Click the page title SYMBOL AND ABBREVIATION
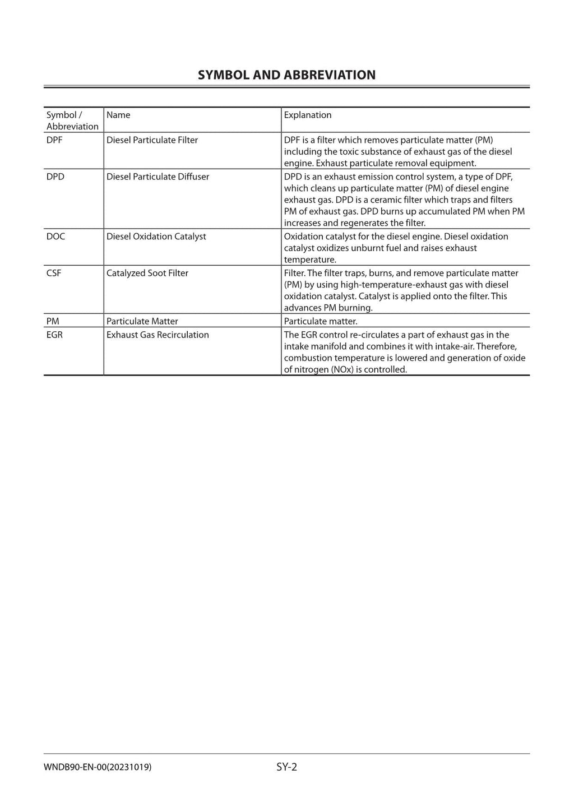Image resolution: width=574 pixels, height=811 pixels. tap(286, 75)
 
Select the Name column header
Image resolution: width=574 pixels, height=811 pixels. tap(118, 115)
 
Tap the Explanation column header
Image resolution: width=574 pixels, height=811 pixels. tap(307, 115)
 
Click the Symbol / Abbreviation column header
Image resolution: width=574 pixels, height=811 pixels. tap(72, 121)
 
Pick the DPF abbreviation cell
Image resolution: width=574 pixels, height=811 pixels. tap(54, 140)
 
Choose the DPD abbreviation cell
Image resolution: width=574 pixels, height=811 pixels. tap(55, 177)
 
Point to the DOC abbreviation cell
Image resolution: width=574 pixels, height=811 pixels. tap(55, 237)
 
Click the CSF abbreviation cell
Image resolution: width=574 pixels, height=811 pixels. tap(54, 273)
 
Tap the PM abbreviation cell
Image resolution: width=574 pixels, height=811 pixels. tap(53, 321)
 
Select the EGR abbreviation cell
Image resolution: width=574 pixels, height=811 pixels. tap(54, 335)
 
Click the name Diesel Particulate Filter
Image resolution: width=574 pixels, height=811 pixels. tap(152, 140)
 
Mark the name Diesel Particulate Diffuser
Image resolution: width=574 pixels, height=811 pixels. tap(158, 177)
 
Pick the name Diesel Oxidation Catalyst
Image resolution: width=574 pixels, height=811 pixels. tap(156, 237)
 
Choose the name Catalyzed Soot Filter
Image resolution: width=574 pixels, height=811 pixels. tap(147, 273)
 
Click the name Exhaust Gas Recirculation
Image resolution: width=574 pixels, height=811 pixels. tap(158, 335)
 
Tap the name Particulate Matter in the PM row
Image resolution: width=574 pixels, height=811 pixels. tap(142, 321)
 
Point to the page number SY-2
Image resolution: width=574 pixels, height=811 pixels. tap(286, 767)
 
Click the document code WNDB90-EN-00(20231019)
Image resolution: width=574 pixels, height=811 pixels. tap(97, 767)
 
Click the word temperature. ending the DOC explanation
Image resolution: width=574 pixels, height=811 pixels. tap(310, 259)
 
